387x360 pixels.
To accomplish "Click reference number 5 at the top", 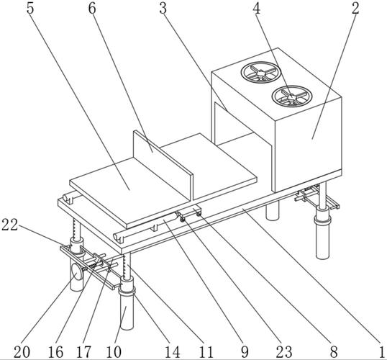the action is coord(30,8).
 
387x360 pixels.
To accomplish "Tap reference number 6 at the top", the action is coord(92,8).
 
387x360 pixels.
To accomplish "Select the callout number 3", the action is coord(163,8).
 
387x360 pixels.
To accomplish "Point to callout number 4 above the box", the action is coord(256,8).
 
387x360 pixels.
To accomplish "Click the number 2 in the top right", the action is coord(355,8).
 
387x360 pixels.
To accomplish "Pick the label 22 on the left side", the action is coord(9,225).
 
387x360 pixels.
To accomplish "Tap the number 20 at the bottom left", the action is coord(22,351).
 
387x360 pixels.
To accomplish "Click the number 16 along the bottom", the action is coord(56,351).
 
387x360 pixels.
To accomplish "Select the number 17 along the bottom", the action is coord(83,351).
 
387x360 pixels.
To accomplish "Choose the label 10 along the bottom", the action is coord(114,351).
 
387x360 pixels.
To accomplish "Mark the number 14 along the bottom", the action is coord(172,351).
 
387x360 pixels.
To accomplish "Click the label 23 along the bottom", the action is coord(284,351).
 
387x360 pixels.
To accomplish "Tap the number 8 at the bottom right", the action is coord(334,351).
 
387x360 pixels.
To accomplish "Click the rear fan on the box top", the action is coord(261,73).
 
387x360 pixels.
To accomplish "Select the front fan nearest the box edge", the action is coord(292,96).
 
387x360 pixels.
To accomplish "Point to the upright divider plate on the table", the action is coord(163,165).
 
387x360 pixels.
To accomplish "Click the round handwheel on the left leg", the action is coord(77,271).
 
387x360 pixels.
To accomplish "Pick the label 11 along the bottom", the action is coord(206,351).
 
